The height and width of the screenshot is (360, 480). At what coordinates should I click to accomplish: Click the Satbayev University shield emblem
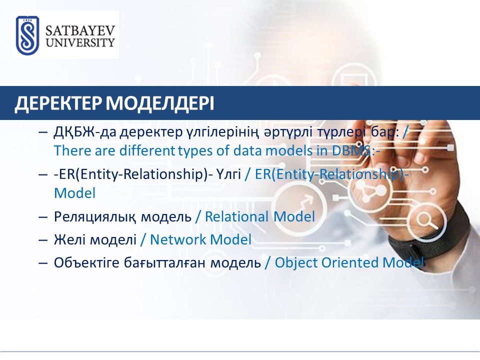click(x=27, y=35)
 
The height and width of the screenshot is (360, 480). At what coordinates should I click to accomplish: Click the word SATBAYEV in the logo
click(x=80, y=31)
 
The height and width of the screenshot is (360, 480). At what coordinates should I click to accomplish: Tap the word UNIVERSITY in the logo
click(x=80, y=42)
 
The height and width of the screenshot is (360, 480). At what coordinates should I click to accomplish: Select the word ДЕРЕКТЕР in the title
click(x=58, y=103)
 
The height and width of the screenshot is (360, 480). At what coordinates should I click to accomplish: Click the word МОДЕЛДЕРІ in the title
click(x=160, y=103)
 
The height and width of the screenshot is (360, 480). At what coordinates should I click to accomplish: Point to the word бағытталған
click(x=164, y=262)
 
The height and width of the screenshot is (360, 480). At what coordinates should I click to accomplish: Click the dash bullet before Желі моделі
click(x=43, y=240)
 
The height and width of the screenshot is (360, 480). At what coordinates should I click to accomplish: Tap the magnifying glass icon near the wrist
click(x=427, y=221)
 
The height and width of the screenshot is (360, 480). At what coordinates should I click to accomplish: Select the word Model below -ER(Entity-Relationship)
click(x=74, y=193)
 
